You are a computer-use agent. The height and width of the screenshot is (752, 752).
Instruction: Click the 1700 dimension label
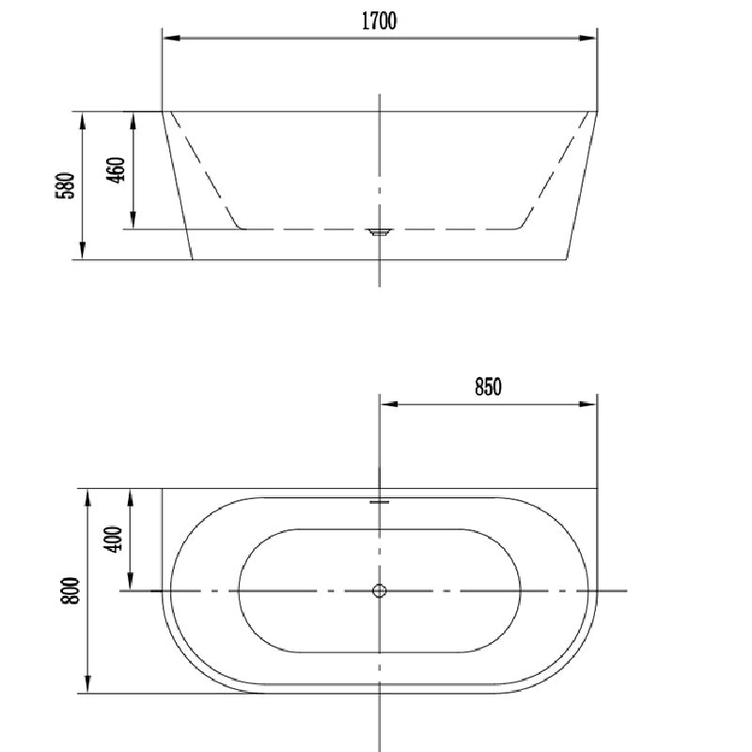[379, 21]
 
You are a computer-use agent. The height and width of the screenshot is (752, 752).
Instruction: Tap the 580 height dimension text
[65, 185]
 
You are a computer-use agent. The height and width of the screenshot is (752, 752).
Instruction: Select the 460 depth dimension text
[115, 169]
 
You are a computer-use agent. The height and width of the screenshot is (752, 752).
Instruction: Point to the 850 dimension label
[488, 387]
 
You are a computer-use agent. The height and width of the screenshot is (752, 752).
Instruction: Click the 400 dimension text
[114, 540]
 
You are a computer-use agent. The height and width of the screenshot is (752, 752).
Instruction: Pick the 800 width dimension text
[70, 591]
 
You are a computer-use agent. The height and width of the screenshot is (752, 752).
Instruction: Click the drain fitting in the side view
[380, 232]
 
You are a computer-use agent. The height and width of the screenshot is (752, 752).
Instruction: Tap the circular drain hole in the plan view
[380, 591]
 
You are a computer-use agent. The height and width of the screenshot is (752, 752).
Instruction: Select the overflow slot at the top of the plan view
[380, 502]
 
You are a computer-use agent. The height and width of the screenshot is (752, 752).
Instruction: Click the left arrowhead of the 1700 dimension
[171, 38]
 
